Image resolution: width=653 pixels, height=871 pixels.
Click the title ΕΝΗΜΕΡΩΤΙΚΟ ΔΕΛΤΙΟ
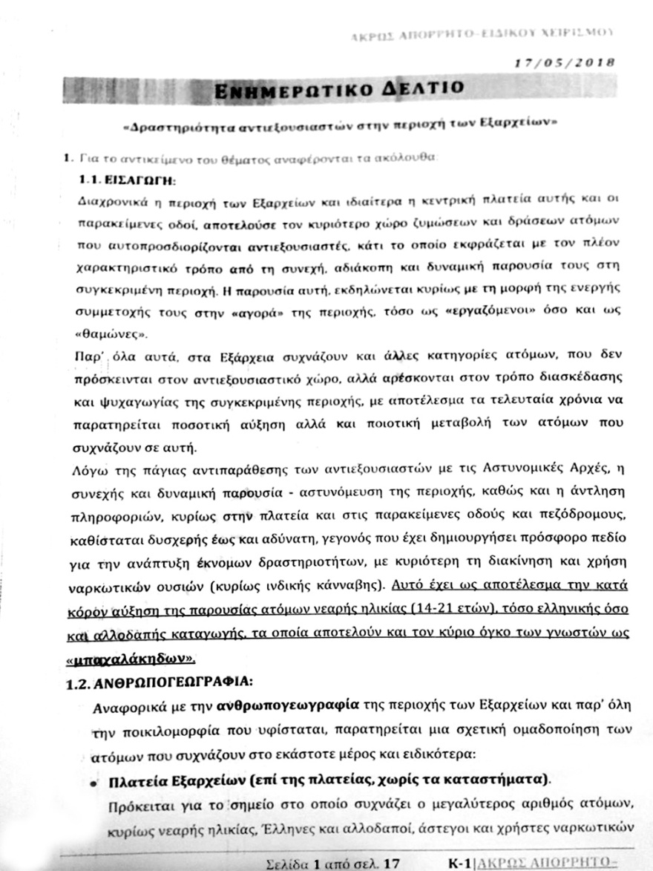(x=337, y=90)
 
